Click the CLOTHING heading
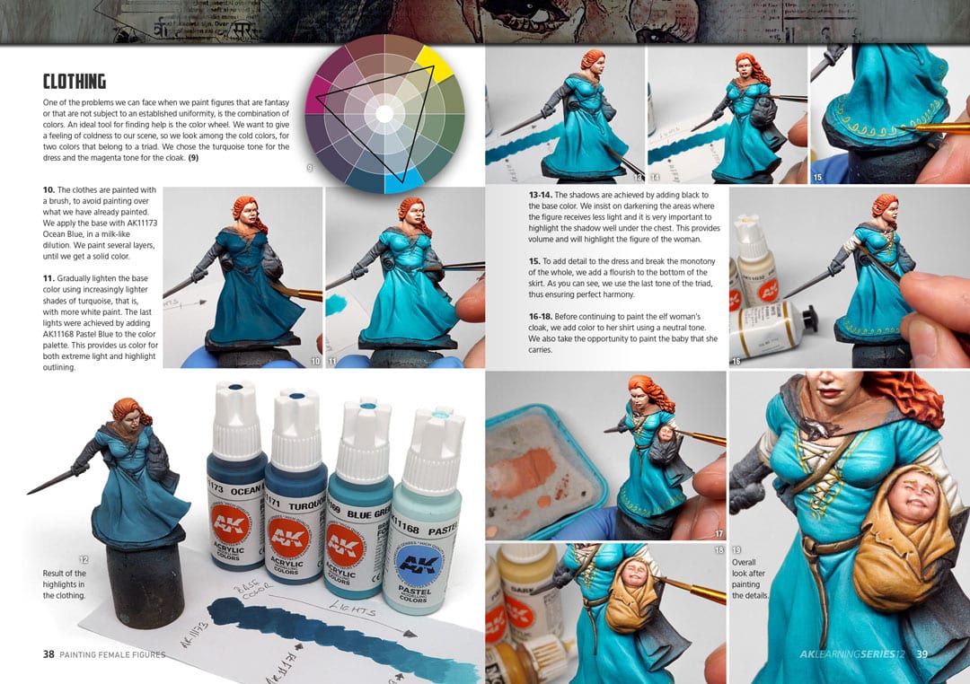click(x=75, y=82)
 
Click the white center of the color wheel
click(x=384, y=114)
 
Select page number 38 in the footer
click(x=48, y=654)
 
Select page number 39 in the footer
click(x=921, y=654)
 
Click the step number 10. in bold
click(x=48, y=190)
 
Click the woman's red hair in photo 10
click(x=245, y=211)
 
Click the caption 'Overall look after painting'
click(x=750, y=579)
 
